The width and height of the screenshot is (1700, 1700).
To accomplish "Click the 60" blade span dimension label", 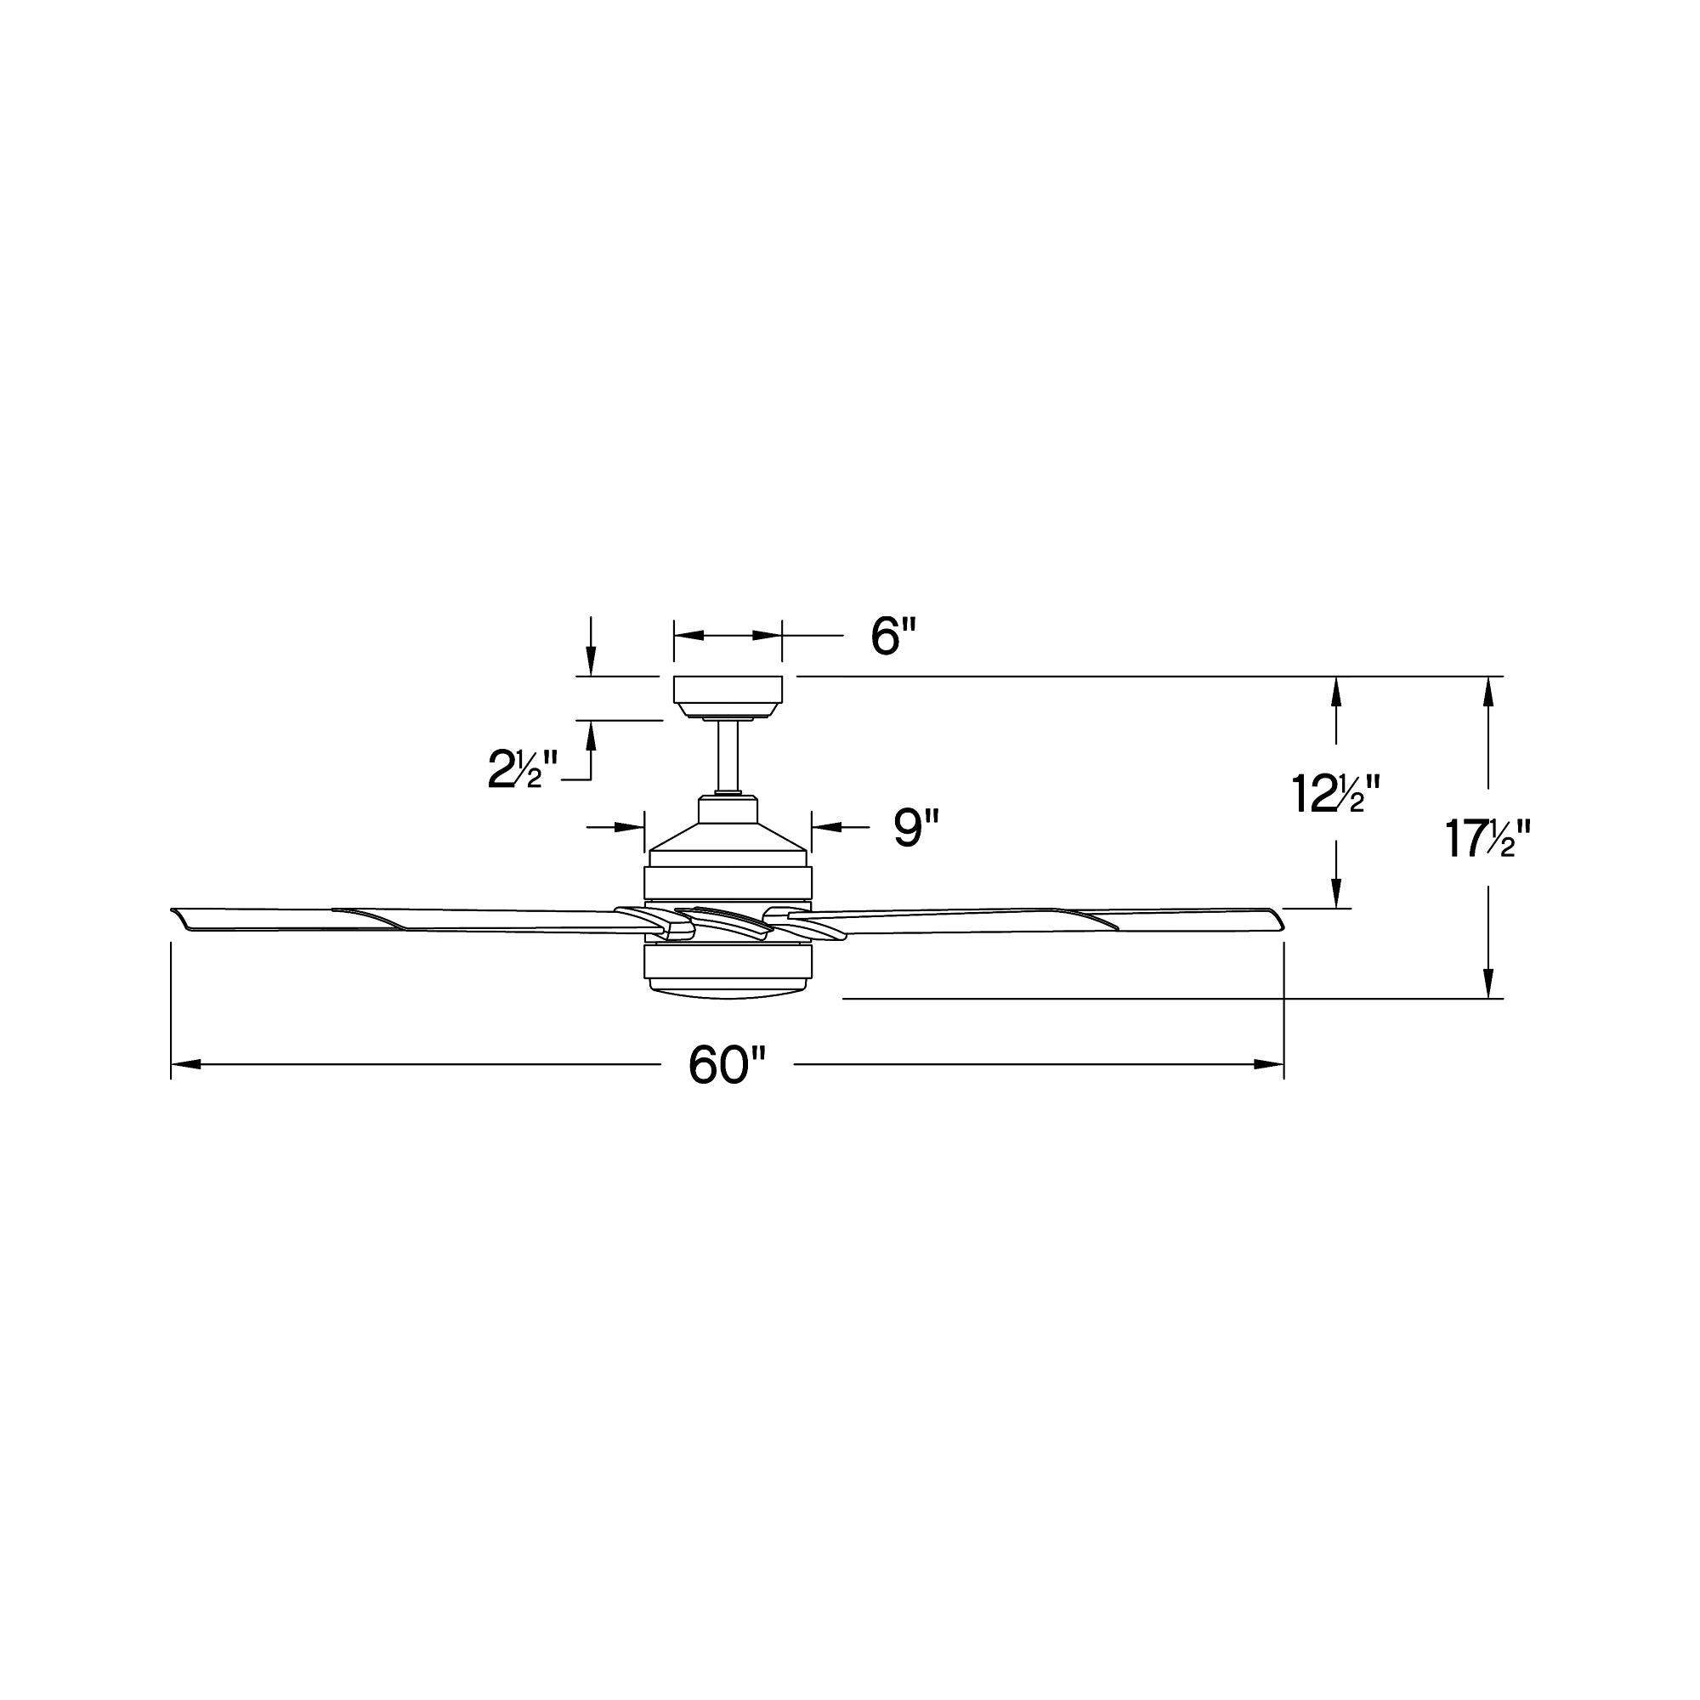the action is tap(727, 1066).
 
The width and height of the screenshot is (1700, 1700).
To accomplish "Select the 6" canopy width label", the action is tap(893, 635).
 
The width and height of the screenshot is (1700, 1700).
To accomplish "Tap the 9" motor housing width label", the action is tap(916, 828).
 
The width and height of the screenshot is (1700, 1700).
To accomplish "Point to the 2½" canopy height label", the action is tap(523, 769).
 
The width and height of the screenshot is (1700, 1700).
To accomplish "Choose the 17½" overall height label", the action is tap(1489, 839).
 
